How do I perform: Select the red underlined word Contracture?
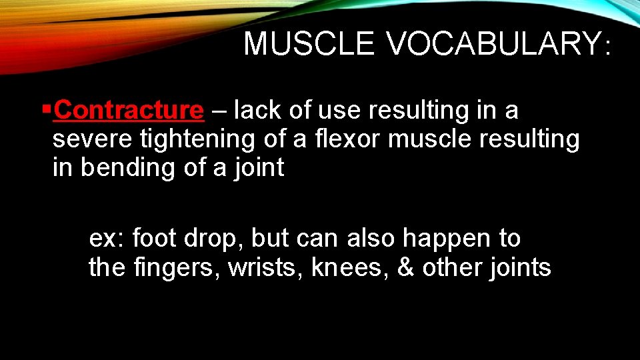pos(129,110)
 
